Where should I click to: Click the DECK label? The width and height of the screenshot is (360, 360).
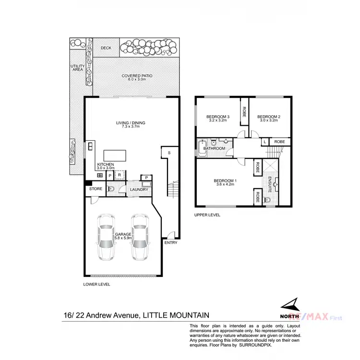coord(106,48)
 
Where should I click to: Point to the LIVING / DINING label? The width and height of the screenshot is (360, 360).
coord(131,123)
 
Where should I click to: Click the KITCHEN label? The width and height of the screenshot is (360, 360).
coord(106,165)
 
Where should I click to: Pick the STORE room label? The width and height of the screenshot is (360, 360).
coord(96,189)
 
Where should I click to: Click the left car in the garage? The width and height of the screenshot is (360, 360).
coord(106,237)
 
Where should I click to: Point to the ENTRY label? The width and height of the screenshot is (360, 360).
coord(170,242)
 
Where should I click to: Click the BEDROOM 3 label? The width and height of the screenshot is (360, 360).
coord(218,117)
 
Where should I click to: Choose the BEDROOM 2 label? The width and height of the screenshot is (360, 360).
coord(268,117)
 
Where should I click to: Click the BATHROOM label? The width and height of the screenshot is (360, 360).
coord(214,148)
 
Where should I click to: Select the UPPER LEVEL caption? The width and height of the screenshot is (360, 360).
coord(207,215)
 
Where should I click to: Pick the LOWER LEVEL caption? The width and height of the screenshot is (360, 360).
coord(96,284)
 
